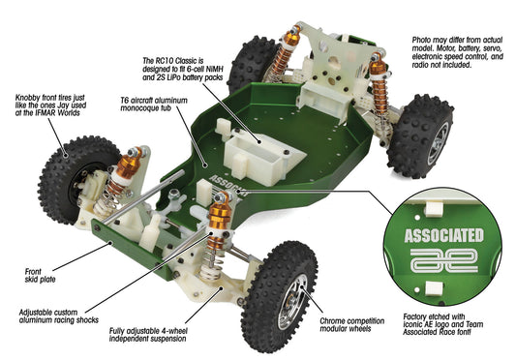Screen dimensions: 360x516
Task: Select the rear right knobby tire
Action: (421, 135)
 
